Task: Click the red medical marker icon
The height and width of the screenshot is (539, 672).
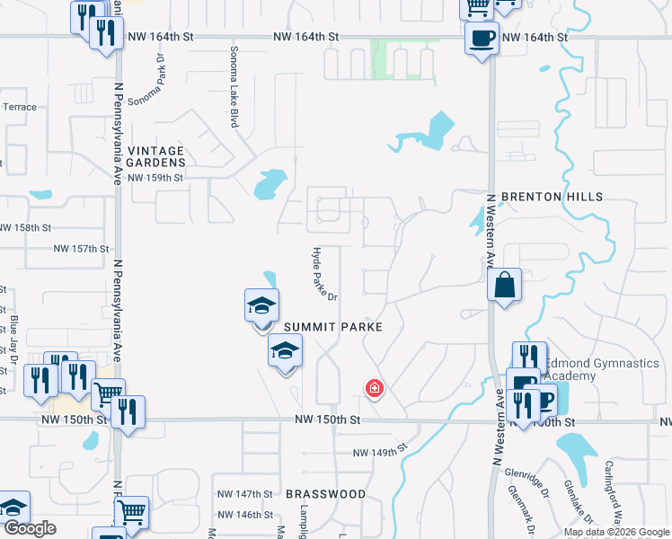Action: [374, 389]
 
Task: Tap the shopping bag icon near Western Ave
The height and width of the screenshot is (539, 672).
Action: [505, 286]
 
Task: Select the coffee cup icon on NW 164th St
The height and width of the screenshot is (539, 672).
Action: [482, 39]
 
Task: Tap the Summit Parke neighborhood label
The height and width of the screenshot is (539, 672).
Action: [334, 328]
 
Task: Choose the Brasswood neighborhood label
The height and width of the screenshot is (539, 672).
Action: [325, 494]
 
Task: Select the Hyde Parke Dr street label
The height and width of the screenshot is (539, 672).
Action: [323, 274]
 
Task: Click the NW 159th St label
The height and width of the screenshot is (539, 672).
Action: [155, 178]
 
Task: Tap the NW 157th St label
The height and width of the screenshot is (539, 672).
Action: [81, 248]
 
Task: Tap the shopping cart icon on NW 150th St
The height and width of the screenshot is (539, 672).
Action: [108, 393]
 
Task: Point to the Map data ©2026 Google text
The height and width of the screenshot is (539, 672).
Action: [616, 532]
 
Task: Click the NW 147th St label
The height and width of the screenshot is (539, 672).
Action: [244, 494]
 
